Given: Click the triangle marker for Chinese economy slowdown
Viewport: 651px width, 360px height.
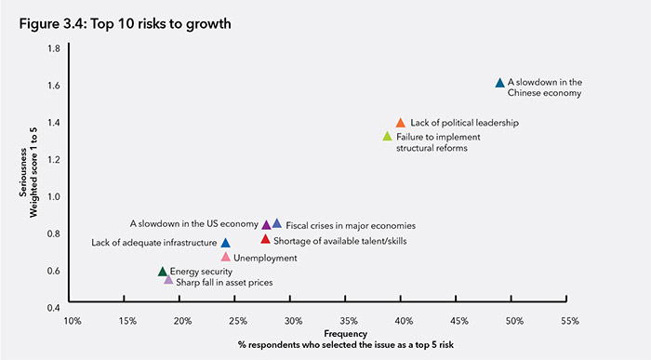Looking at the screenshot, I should pyautogui.click(x=500, y=83).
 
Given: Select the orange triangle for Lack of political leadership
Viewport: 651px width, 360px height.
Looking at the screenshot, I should pyautogui.click(x=401, y=123).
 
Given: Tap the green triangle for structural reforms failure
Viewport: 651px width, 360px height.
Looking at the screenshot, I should pyautogui.click(x=388, y=137).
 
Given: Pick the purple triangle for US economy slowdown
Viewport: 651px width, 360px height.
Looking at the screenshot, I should pyautogui.click(x=267, y=224).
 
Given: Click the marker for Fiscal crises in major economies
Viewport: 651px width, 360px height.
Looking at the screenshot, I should pyautogui.click(x=277, y=224).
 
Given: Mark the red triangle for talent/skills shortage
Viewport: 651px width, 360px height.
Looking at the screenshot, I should pyautogui.click(x=266, y=239).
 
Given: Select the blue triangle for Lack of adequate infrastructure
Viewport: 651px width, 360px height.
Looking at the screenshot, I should pyautogui.click(x=226, y=243).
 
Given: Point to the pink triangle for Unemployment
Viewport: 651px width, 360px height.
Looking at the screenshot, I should pyautogui.click(x=226, y=257).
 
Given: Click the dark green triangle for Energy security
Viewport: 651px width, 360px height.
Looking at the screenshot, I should pyautogui.click(x=163, y=272).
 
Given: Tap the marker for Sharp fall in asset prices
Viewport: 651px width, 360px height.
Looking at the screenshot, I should pyautogui.click(x=168, y=280).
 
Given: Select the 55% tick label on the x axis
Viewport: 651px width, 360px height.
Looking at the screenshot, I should pyautogui.click(x=569, y=321).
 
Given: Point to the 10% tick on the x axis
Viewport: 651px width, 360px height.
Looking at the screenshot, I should pyautogui.click(x=73, y=321).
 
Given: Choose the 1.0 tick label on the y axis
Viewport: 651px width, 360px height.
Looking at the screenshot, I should pyautogui.click(x=53, y=196).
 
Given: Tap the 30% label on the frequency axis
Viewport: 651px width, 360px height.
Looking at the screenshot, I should pyautogui.click(x=294, y=321).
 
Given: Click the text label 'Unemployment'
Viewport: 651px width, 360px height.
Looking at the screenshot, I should pyautogui.click(x=265, y=258).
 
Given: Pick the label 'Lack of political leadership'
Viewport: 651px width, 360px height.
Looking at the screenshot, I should pyautogui.click(x=464, y=123).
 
